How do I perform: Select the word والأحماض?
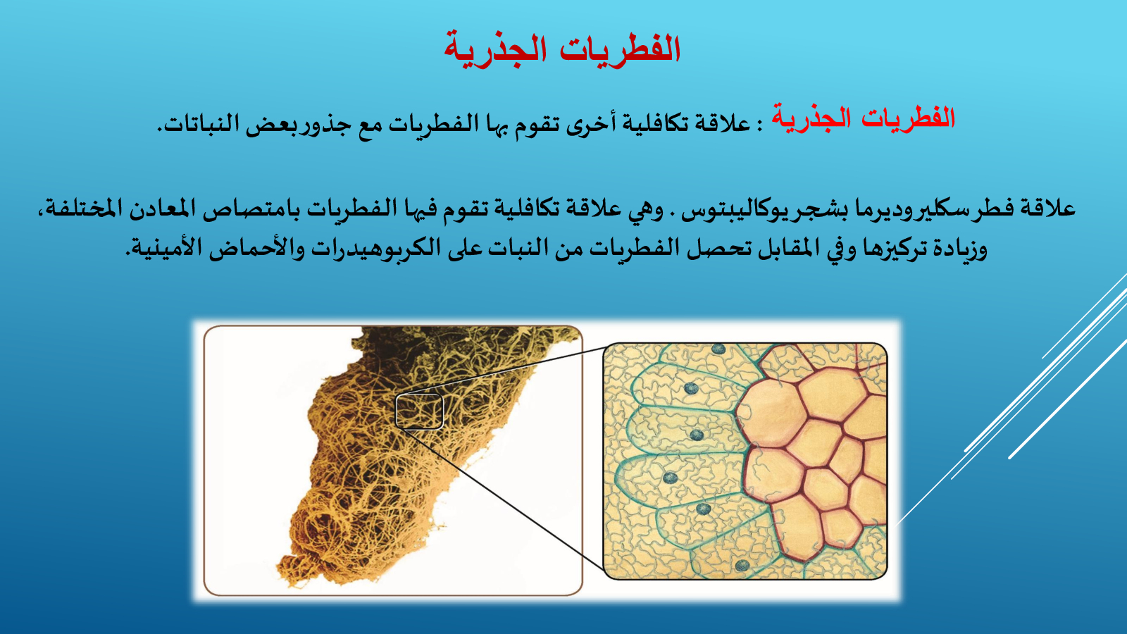[x=257, y=247]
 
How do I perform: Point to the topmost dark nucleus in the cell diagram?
[x=718, y=349]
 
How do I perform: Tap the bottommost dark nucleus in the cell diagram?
[x=742, y=565]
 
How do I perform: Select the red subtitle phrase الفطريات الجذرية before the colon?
[x=864, y=119]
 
